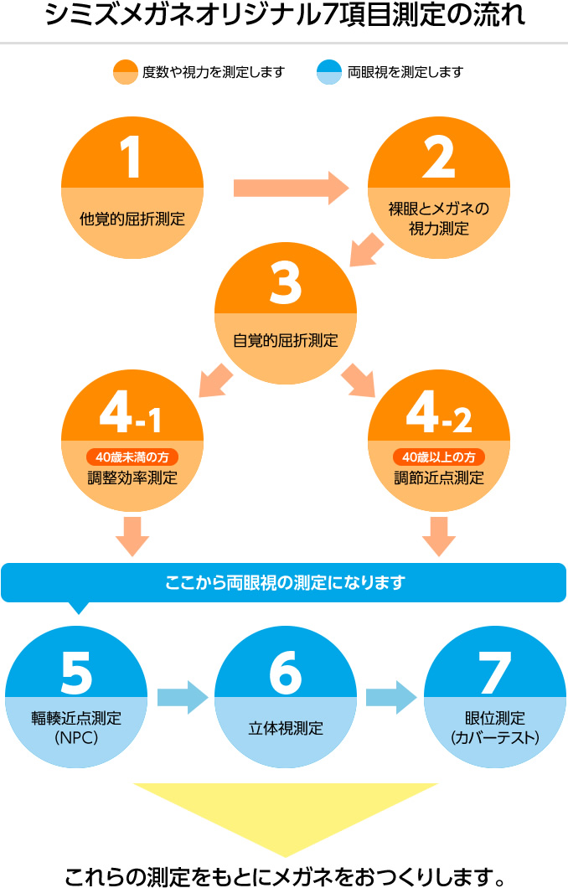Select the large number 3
[x=285, y=282]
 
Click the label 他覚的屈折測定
[x=132, y=219]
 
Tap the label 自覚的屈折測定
[x=285, y=341]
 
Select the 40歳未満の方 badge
[x=132, y=457]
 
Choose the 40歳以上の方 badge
[x=438, y=457]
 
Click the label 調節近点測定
[x=438, y=478]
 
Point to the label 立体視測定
[x=285, y=728]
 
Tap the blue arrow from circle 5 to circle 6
[x=182, y=696]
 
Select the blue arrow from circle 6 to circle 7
[x=391, y=696]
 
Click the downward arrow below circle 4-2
[x=438, y=537]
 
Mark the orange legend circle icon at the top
[x=125, y=72]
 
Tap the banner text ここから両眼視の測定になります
[x=284, y=581]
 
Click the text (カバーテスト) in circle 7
[x=494, y=738]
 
